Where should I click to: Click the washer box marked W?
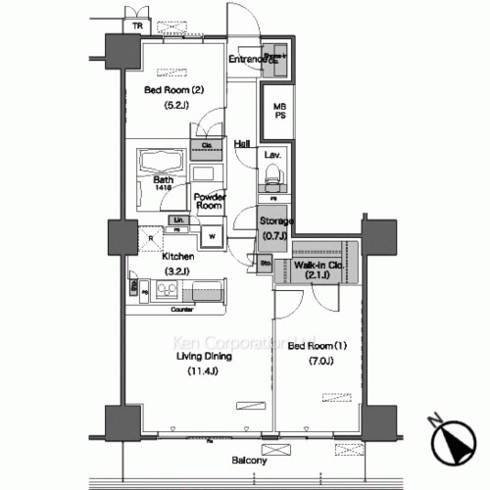211,236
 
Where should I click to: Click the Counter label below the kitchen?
180,309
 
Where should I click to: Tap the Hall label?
241,144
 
